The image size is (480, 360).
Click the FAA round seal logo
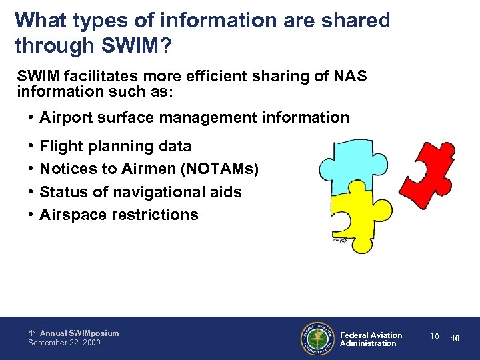(x=317, y=339)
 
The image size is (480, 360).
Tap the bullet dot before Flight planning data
(x=31, y=146)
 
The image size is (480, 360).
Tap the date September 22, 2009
(x=64, y=343)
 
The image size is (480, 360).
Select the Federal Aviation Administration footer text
(x=371, y=339)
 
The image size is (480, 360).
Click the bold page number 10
(x=455, y=339)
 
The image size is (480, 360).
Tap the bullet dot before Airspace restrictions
(x=31, y=215)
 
